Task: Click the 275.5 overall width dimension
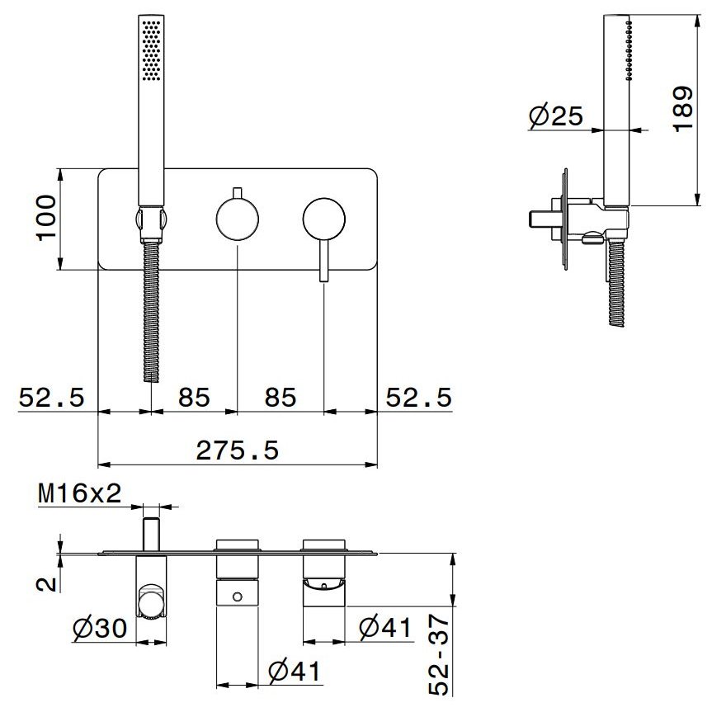click(x=237, y=451)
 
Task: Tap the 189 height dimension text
click(x=683, y=109)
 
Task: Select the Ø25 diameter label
click(x=555, y=116)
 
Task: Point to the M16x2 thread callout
click(x=80, y=493)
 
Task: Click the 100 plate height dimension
click(x=46, y=219)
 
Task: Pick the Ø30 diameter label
click(x=100, y=629)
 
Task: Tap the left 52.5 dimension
click(x=51, y=398)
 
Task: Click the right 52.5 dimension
click(x=418, y=398)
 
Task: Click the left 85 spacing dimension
click(x=194, y=398)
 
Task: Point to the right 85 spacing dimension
click(x=281, y=398)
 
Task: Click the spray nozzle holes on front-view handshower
click(x=151, y=50)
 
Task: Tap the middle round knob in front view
click(x=238, y=219)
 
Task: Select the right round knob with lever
click(x=323, y=219)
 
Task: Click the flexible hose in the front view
click(x=151, y=312)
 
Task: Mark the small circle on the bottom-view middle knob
click(x=237, y=596)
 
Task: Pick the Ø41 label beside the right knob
click(x=385, y=628)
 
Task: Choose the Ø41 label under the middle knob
click(x=295, y=671)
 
